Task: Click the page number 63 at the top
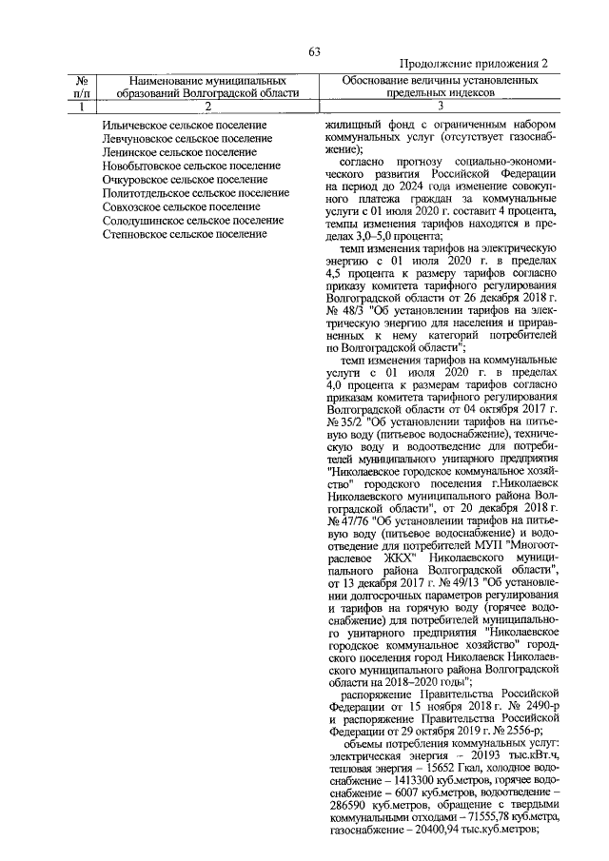(314, 51)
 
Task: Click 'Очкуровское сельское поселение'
(185, 179)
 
